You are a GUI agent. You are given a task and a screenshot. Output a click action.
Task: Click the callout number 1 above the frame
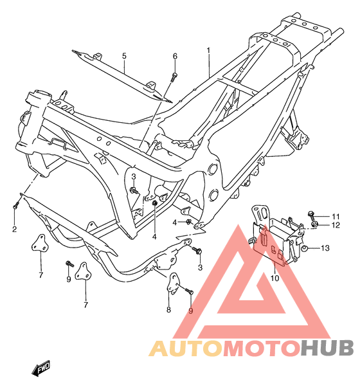click(x=208, y=51)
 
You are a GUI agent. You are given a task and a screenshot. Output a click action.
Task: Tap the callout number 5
click(x=124, y=56)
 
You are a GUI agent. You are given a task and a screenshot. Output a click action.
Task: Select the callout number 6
click(x=175, y=57)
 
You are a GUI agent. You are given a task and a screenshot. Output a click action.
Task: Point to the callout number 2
click(x=15, y=229)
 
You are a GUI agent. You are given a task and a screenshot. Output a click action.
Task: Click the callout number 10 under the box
click(x=274, y=278)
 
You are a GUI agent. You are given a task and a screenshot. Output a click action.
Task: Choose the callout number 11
click(x=336, y=216)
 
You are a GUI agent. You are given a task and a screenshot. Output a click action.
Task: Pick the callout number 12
click(x=336, y=225)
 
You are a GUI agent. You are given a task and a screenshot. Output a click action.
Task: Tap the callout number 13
click(x=325, y=248)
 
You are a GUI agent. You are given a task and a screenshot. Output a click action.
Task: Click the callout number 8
click(x=168, y=309)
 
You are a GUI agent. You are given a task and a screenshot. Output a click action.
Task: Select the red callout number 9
click(x=190, y=311)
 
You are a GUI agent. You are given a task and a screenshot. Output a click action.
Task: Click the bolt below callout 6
click(x=174, y=77)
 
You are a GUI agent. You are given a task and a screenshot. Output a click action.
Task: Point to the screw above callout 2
click(x=15, y=204)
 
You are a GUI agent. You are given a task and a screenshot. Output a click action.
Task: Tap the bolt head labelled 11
click(x=310, y=213)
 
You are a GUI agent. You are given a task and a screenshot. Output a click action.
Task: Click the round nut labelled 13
click(x=305, y=248)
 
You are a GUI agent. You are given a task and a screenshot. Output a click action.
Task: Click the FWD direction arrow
click(x=40, y=368)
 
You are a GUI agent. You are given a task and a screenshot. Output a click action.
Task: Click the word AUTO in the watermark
click(x=186, y=348)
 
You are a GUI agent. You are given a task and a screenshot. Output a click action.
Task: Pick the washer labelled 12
click(x=315, y=224)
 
